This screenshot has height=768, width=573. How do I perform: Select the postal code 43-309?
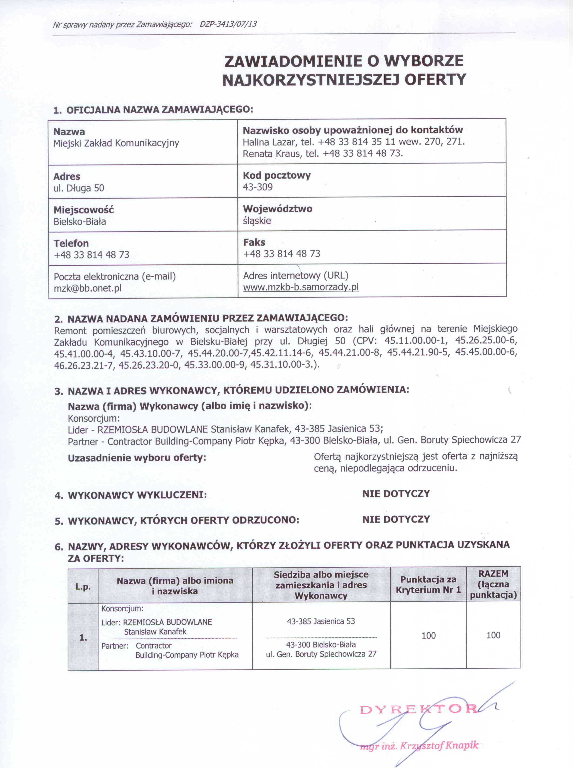coord(258,187)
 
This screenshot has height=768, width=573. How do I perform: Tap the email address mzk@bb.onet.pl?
coord(87,288)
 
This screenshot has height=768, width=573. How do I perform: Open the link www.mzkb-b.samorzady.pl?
coord(301,287)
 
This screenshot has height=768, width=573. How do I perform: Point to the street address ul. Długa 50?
coord(79,188)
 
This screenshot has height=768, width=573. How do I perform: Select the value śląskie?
coord(257,221)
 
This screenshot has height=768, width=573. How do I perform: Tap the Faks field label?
coord(254,242)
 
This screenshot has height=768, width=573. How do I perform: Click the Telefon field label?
coord(71,243)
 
